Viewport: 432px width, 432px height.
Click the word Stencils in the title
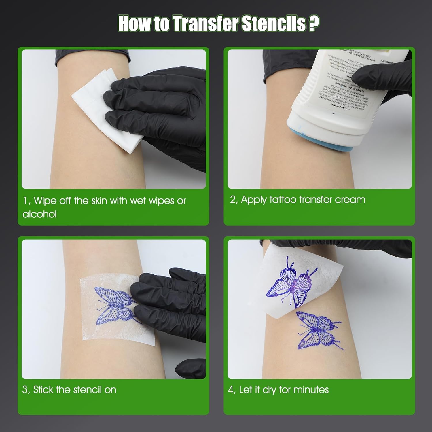tap(274, 24)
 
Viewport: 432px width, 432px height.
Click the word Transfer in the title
tap(206, 24)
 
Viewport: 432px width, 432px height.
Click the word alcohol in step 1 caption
tap(39, 214)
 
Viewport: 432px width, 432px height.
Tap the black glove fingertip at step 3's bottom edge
tap(189, 369)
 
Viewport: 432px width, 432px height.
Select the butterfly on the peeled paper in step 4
tap(291, 284)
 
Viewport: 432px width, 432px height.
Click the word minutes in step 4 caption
tap(311, 390)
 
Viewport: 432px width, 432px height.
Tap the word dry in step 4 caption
tap(269, 390)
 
